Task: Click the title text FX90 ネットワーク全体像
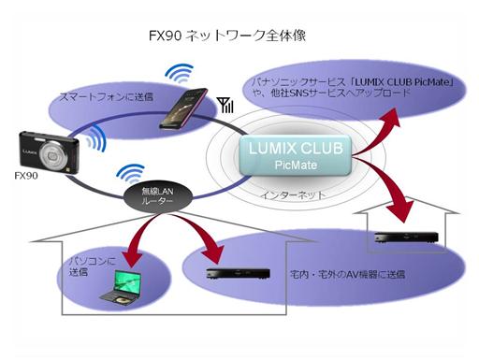coord(228,36)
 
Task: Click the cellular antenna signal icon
coord(225,105)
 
